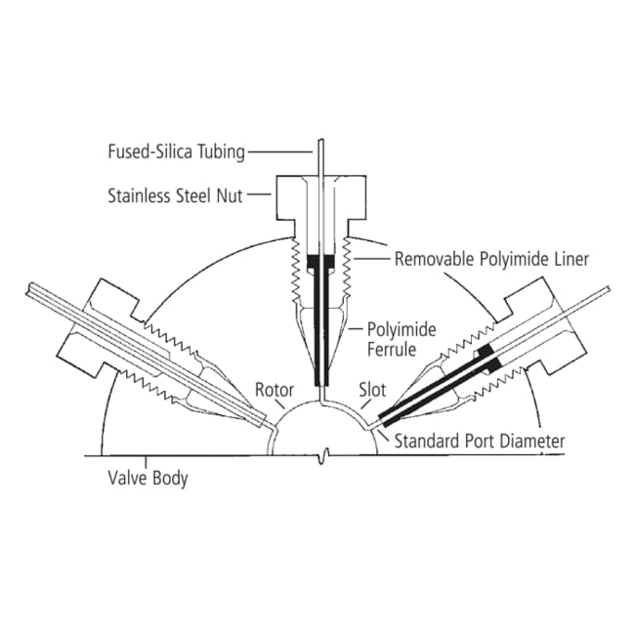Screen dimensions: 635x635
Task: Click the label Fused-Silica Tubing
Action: point(176,151)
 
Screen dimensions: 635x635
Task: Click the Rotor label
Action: point(275,390)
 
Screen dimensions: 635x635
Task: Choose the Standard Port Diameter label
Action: point(480,441)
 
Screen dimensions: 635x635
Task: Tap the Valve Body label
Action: point(148,479)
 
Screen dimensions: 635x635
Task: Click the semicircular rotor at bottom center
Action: point(323,435)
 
